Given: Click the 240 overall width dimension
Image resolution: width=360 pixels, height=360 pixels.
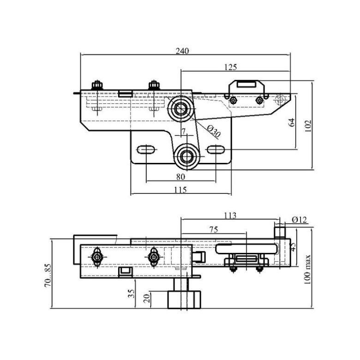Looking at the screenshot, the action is [x=182, y=51].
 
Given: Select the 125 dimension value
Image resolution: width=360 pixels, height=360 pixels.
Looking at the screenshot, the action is [x=230, y=67].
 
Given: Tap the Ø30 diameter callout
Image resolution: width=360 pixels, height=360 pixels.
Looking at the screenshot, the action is [x=214, y=132].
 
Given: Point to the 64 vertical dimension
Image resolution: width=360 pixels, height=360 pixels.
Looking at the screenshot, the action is [x=291, y=122].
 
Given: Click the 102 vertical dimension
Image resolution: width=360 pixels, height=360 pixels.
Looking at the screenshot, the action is [x=308, y=126].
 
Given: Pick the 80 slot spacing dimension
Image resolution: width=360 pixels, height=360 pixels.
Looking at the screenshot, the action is [x=180, y=177].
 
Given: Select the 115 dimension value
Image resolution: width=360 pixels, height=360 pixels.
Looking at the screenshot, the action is [x=180, y=190].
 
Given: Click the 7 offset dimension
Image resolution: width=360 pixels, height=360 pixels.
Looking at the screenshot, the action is [x=183, y=132].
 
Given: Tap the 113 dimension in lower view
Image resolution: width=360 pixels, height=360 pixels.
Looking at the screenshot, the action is [x=230, y=216].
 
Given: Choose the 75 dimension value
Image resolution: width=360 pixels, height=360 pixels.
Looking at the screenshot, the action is [x=214, y=229].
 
